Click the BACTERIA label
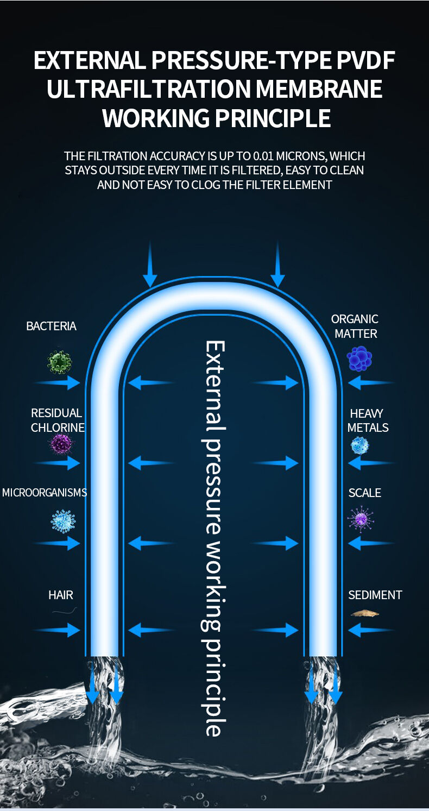tap(51, 326)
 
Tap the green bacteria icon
tap(59, 362)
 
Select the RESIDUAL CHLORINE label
tap(57, 420)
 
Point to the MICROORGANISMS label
tap(45, 493)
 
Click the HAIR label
tap(61, 595)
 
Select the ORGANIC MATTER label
tap(355, 326)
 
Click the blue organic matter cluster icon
tap(359, 359)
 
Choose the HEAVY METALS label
tap(368, 420)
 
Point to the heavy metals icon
tap(359, 446)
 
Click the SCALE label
tap(364, 493)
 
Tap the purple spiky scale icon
tap(361, 519)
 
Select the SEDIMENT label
tap(375, 595)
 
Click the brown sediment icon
tap(364, 614)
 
